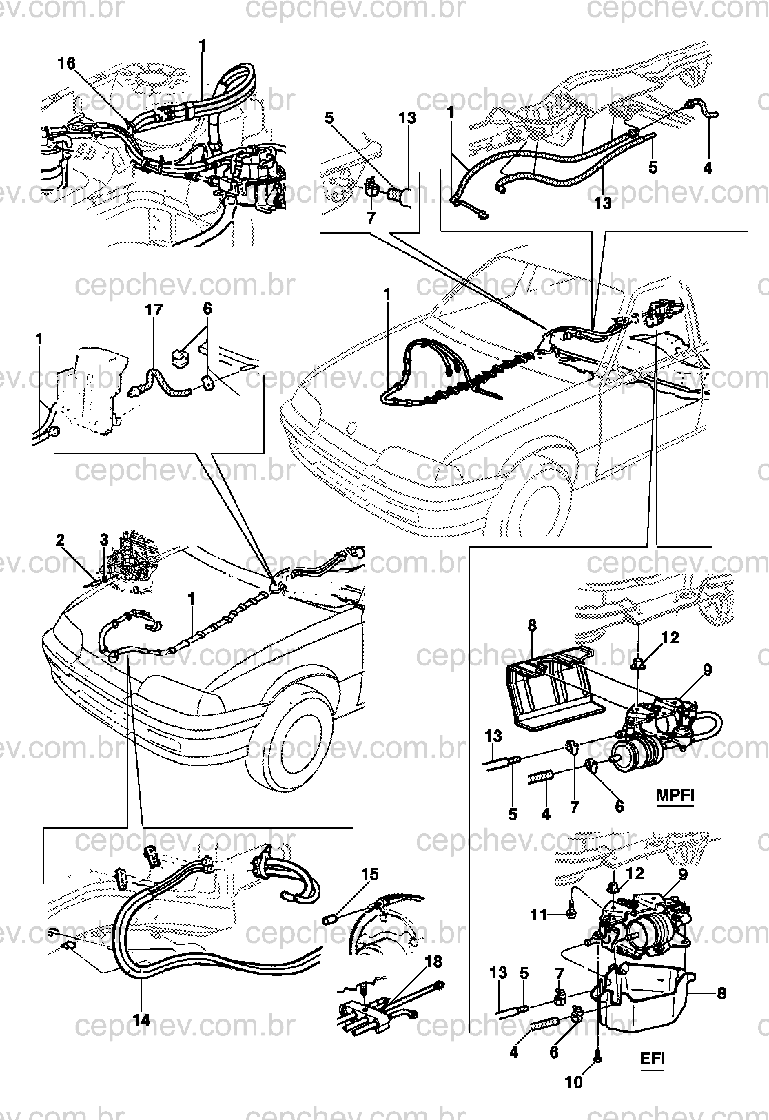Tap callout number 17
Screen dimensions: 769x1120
(x=154, y=310)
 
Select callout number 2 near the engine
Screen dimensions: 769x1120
(x=60, y=540)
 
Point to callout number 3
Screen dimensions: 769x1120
(x=103, y=540)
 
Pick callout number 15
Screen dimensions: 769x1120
(x=370, y=874)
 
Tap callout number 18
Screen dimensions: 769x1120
(x=434, y=962)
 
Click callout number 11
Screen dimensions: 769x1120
(x=540, y=915)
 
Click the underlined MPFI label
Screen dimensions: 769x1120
(x=675, y=795)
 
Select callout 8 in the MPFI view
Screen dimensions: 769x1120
(x=531, y=625)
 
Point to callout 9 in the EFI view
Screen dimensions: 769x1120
(x=683, y=874)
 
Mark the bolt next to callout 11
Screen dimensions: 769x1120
(x=571, y=915)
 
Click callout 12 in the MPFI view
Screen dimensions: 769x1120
(x=670, y=638)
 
